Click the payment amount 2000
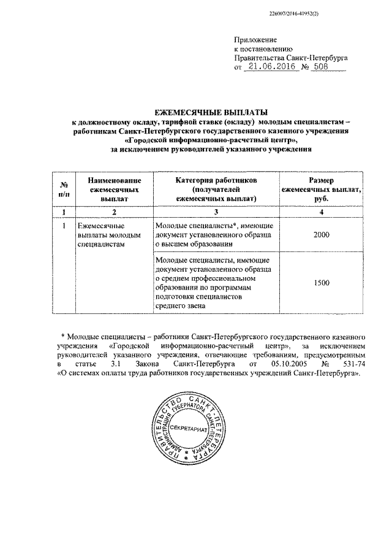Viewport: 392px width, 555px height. coord(321,235)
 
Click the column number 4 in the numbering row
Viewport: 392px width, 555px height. coord(322,212)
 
